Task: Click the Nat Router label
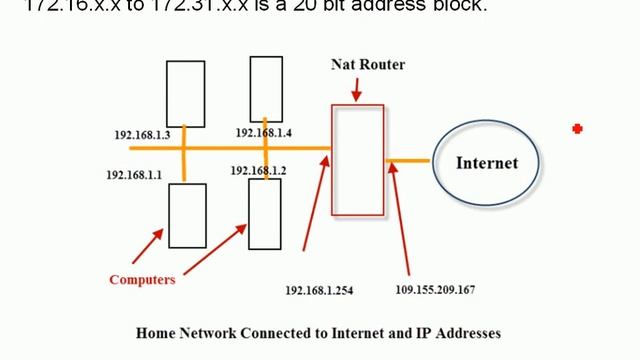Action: point(367,65)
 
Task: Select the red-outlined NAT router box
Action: point(357,161)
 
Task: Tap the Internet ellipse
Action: point(487,162)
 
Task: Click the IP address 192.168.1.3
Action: point(143,134)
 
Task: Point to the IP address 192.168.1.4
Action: point(263,132)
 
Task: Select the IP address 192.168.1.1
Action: point(134,175)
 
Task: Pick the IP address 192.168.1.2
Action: point(258,171)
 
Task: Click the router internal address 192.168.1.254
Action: point(319,290)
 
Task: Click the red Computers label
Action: point(142,279)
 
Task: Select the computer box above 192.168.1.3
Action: point(185,93)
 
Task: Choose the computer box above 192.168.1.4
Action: point(266,88)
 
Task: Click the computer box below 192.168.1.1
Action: point(187,214)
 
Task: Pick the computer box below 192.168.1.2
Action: point(265,213)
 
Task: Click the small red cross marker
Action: point(577,128)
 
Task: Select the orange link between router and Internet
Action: point(408,160)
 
